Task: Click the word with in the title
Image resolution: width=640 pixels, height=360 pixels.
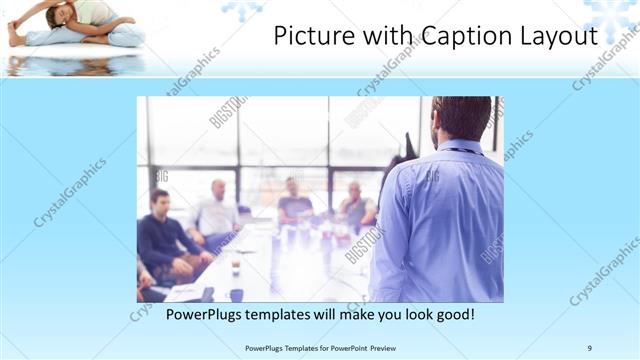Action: [385, 37]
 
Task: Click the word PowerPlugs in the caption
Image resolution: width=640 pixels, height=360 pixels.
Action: [204, 315]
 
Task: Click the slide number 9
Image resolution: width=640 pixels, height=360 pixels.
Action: [590, 348]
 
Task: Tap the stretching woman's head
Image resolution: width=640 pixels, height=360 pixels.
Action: [59, 14]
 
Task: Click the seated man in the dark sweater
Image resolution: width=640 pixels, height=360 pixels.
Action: [160, 235]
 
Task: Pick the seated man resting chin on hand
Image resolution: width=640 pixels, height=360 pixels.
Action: [294, 200]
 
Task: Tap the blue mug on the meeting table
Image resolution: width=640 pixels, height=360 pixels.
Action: [236, 295]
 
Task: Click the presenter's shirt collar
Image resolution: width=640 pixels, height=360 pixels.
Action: [460, 148]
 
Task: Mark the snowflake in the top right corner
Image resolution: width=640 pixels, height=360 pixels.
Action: [612, 14]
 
